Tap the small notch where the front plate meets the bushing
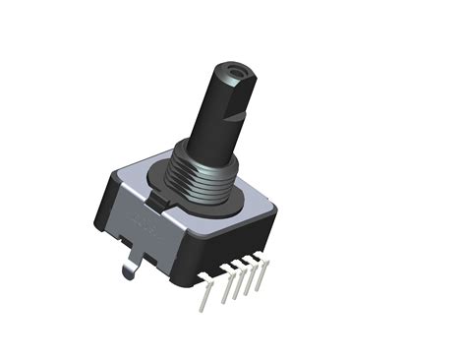coord(163,202)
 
